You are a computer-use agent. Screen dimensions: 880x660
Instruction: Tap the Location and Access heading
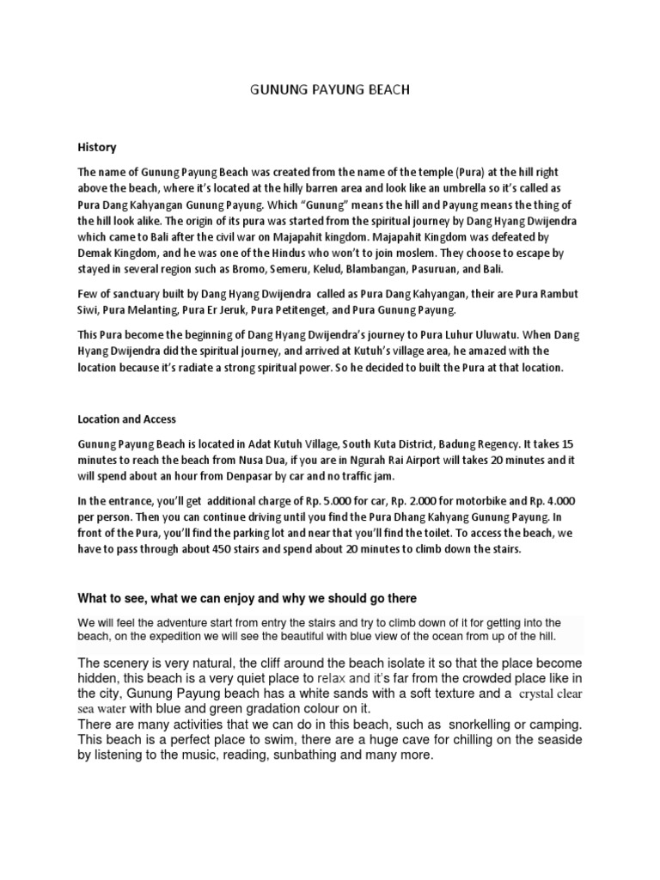click(126, 419)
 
